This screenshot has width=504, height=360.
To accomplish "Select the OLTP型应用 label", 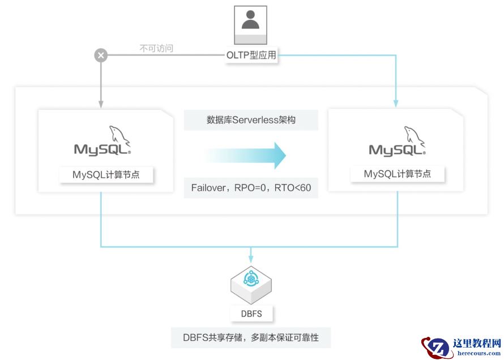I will click(x=251, y=55).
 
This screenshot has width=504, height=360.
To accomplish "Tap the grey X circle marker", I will click(x=101, y=55).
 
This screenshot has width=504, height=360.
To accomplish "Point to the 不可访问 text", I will click(x=156, y=49).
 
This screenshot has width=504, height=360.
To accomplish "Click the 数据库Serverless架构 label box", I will click(x=251, y=121).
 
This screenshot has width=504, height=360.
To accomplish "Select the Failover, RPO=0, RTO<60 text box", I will click(x=251, y=188).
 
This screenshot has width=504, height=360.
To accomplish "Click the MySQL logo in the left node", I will click(x=102, y=142).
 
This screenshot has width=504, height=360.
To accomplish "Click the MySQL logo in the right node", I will click(x=397, y=142).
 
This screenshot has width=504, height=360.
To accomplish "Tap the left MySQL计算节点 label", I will click(x=106, y=175).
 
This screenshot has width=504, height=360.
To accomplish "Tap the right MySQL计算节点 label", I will click(x=397, y=174).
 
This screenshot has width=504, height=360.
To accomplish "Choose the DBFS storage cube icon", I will click(x=251, y=282).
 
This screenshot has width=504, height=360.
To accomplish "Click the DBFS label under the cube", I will click(x=251, y=313).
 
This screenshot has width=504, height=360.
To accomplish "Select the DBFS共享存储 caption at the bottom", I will click(x=251, y=338).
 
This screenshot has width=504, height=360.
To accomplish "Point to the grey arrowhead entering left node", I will click(x=101, y=104).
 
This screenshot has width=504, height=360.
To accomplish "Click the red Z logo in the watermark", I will click(x=436, y=346).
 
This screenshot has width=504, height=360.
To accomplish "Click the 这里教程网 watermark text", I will click(x=477, y=343).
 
